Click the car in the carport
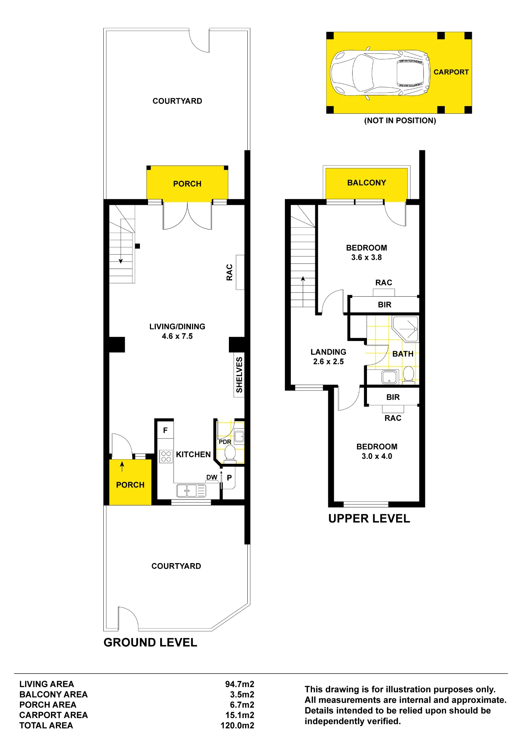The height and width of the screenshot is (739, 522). (380, 73)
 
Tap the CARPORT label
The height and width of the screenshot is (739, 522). (451, 72)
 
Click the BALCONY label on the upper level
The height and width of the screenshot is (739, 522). (367, 183)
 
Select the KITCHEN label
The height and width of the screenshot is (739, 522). (193, 454)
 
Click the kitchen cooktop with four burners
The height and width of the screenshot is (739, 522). (166, 456)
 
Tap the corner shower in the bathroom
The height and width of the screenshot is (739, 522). (405, 328)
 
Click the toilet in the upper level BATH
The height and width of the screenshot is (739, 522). (408, 374)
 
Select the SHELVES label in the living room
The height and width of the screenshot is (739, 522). (239, 375)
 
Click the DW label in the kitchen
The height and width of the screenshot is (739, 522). (212, 477)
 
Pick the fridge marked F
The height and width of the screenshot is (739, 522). (165, 430)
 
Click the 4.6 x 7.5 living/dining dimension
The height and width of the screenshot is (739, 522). (177, 336)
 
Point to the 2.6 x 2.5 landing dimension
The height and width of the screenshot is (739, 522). (328, 362)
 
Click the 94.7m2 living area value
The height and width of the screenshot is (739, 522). (240, 684)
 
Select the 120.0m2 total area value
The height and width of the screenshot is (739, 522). (237, 725)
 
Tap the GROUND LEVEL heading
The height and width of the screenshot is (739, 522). (150, 643)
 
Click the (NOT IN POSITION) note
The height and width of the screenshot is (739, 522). (400, 120)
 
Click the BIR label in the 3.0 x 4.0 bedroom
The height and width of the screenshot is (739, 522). (393, 397)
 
